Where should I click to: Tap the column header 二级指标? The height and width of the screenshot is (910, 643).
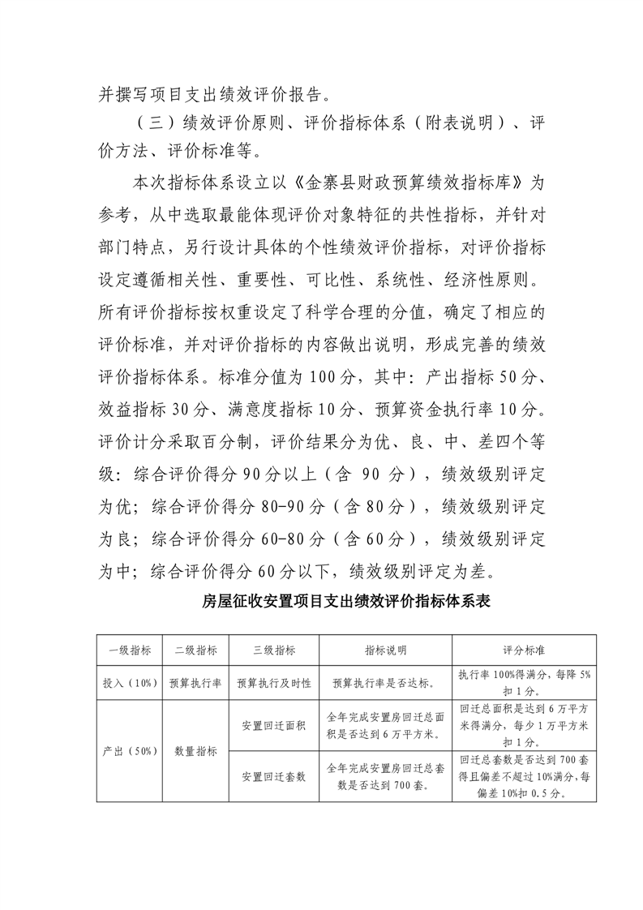[x=195, y=650]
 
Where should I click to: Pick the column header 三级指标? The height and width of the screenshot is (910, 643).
[x=274, y=650]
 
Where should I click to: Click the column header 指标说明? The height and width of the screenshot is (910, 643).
[x=385, y=650]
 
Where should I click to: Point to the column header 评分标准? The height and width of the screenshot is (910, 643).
[x=524, y=650]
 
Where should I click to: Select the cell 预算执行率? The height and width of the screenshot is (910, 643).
[x=195, y=683]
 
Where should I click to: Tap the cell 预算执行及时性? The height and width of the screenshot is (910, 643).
[x=274, y=683]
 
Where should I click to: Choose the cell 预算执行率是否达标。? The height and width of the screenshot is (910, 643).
[x=385, y=683]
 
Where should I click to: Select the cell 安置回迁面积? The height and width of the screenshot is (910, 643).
[x=274, y=724]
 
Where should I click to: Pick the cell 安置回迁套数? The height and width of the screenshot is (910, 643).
[x=274, y=776]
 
